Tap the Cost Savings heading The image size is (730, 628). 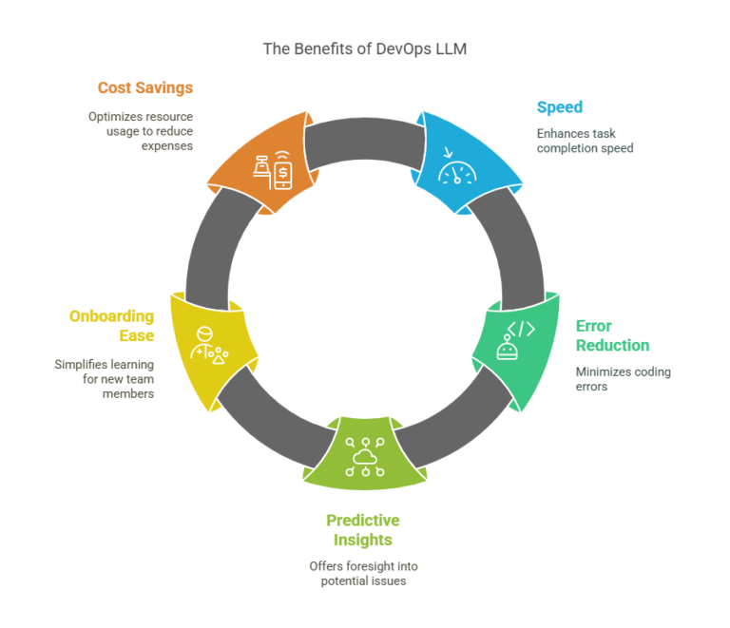(x=144, y=87)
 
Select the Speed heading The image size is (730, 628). (x=560, y=106)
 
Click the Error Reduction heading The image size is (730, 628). (x=612, y=335)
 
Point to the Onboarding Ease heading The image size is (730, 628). (x=111, y=325)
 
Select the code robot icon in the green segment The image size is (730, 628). (x=515, y=340)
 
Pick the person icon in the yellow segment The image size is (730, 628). (x=207, y=345)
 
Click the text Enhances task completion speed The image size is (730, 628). (x=584, y=140)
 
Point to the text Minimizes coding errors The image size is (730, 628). (x=623, y=379)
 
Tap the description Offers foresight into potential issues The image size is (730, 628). (x=363, y=573)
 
